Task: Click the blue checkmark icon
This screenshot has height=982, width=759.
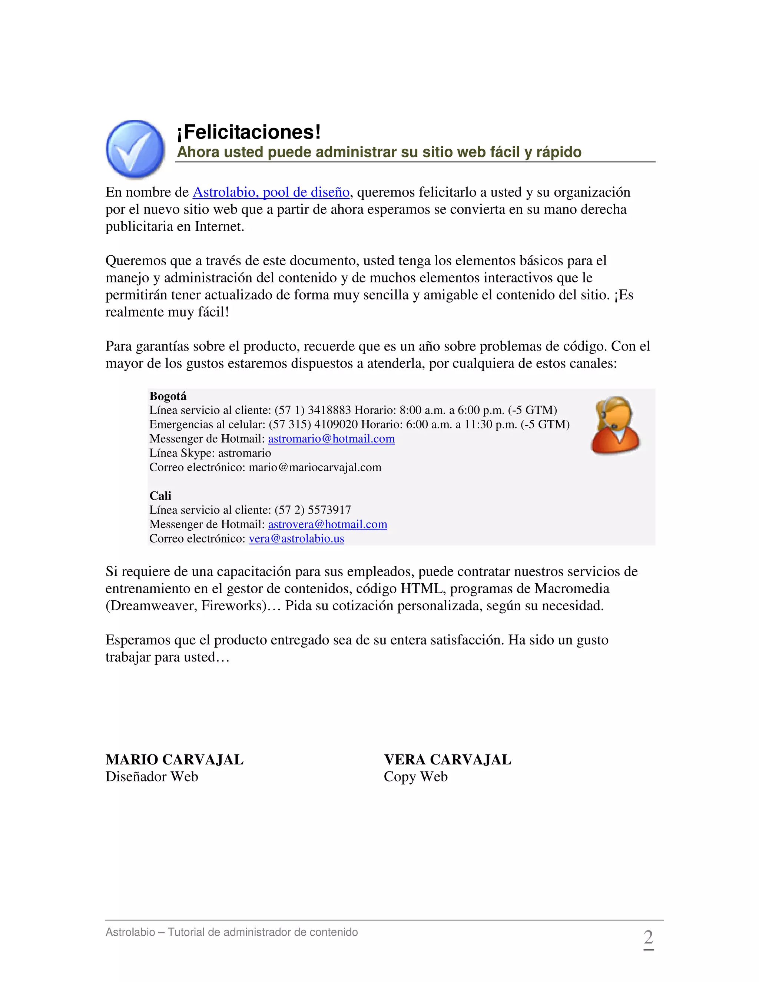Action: click(x=135, y=149)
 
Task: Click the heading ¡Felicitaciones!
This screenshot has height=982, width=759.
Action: click(x=249, y=132)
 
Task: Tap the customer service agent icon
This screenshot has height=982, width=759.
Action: click(x=615, y=425)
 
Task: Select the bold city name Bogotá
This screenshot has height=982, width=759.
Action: click(x=168, y=396)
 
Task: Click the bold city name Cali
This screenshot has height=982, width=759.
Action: click(x=160, y=495)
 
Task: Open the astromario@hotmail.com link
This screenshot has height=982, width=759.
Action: click(x=331, y=439)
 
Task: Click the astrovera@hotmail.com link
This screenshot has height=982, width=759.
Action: click(x=327, y=524)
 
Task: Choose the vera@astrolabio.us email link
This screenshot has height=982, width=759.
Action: click(x=296, y=539)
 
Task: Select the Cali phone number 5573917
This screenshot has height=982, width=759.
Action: click(x=329, y=510)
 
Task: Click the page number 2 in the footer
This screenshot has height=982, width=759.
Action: click(x=648, y=938)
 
